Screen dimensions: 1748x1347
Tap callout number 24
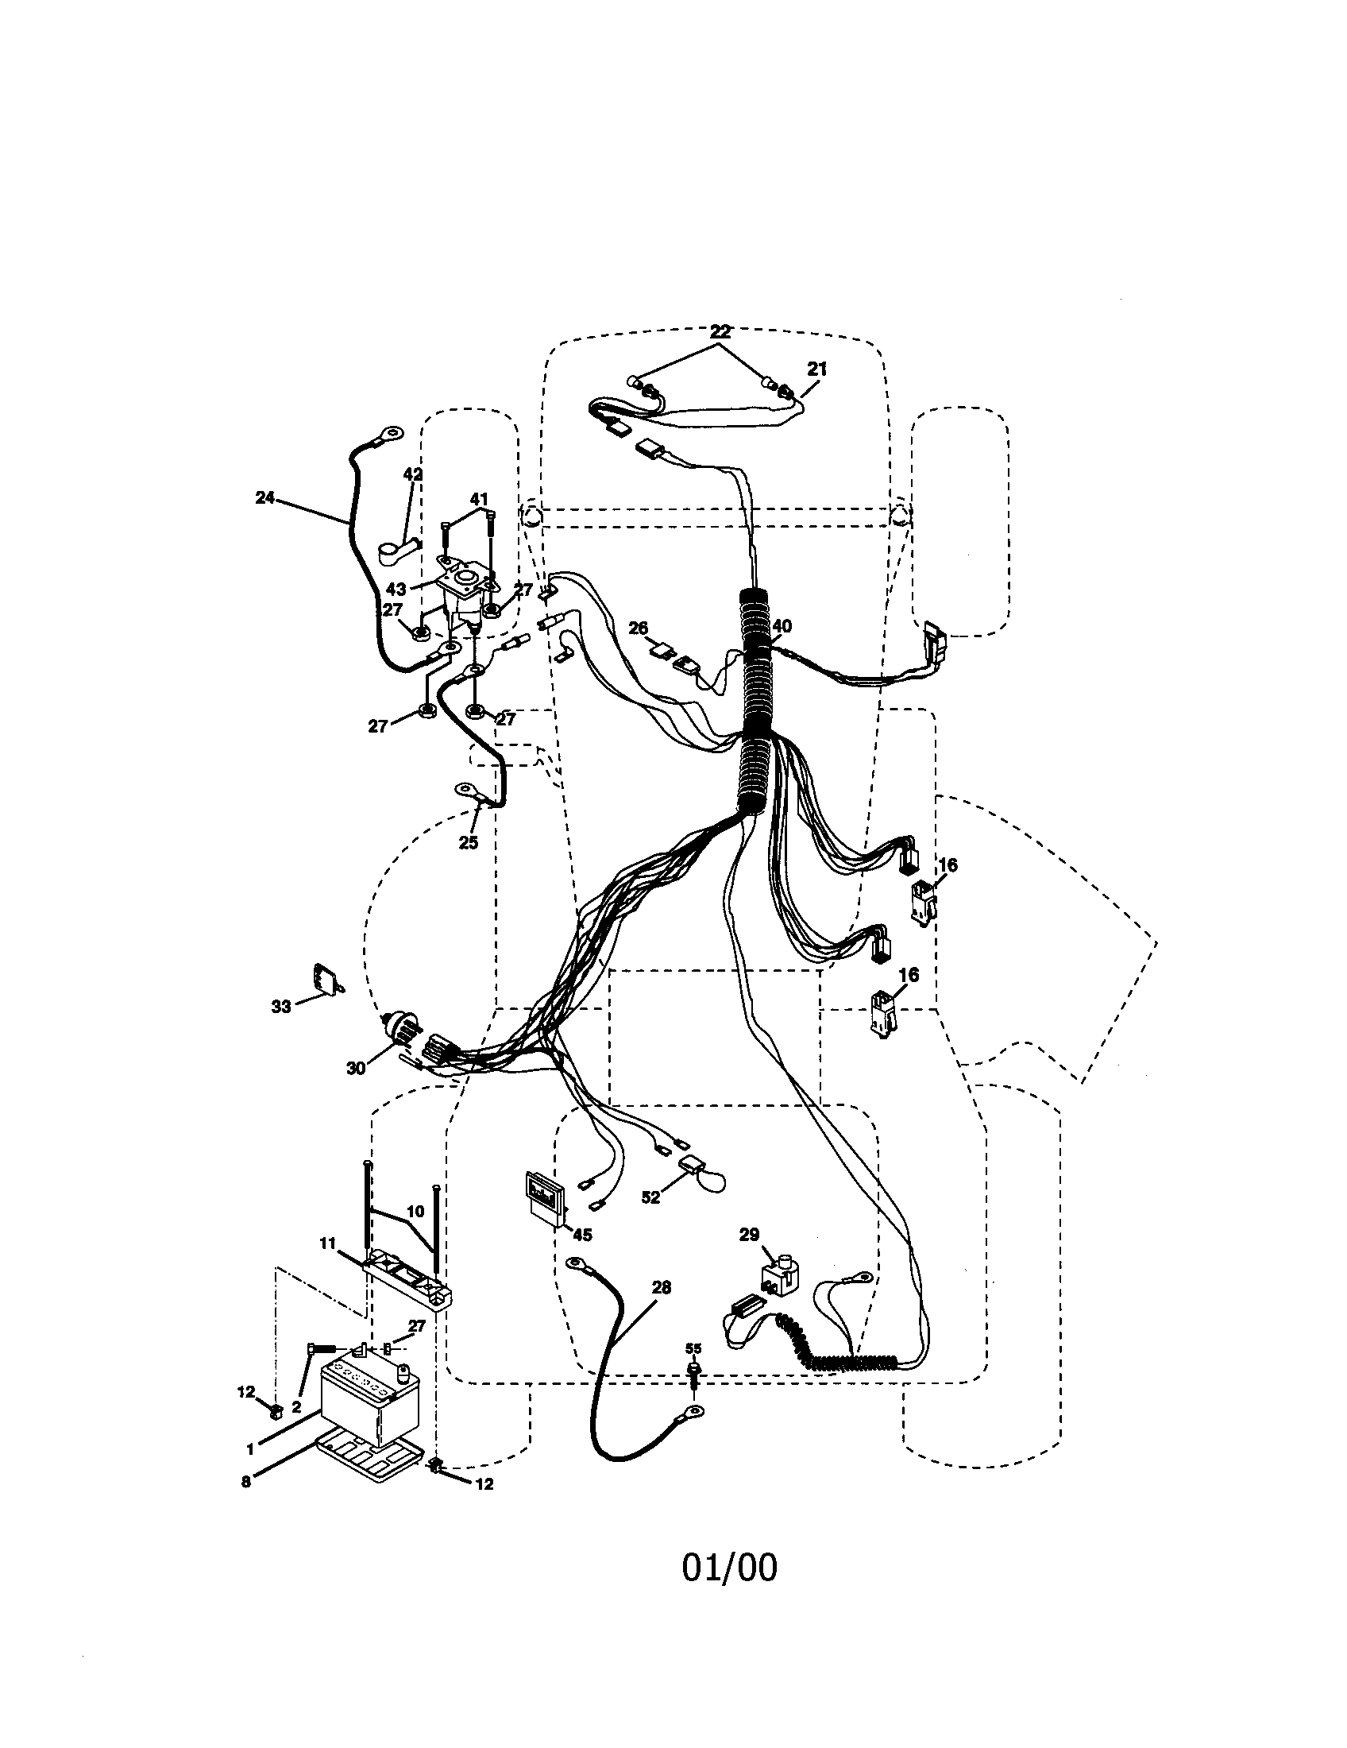(x=264, y=498)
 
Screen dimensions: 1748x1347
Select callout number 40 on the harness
(x=782, y=626)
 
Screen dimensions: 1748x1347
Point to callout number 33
(x=281, y=1007)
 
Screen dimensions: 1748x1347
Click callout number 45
(x=582, y=1235)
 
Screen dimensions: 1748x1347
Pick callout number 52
(x=651, y=1197)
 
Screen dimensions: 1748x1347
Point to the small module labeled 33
(x=326, y=980)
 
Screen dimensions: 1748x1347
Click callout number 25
(x=468, y=842)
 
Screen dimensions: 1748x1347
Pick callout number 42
(x=412, y=474)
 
